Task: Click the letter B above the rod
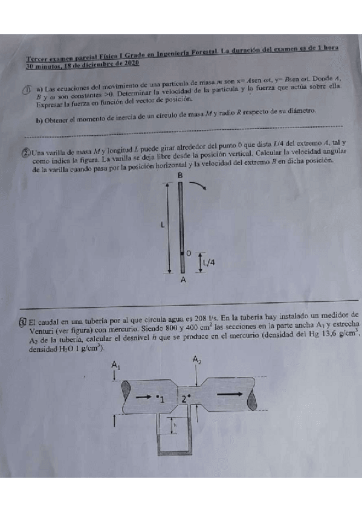(x=179, y=175)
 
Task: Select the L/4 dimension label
(x=209, y=261)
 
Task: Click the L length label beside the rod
(x=162, y=225)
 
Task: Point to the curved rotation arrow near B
(x=201, y=185)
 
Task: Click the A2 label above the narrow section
(x=197, y=360)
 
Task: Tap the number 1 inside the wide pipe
(x=162, y=399)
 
